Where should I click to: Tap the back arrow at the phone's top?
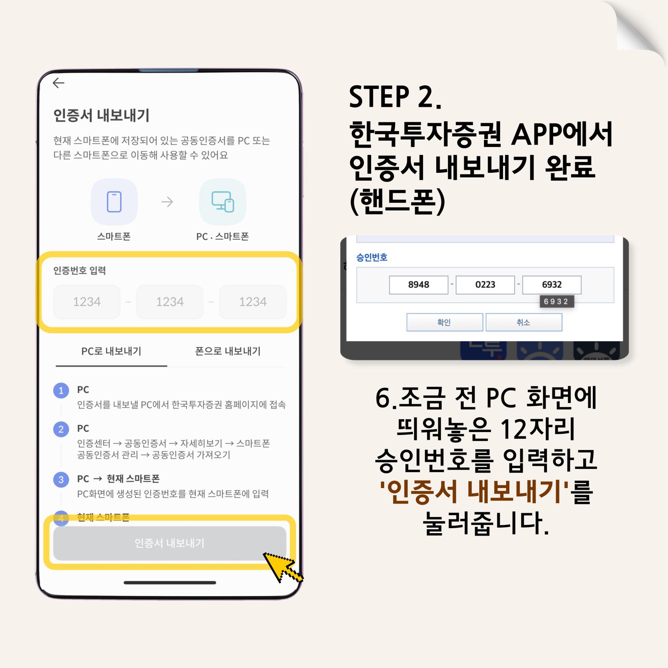click(58, 83)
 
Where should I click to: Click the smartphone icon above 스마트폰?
click(114, 202)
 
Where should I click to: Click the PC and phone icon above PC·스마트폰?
click(223, 202)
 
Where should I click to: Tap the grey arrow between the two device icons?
click(167, 202)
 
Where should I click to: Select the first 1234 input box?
click(87, 302)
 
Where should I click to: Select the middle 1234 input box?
click(170, 302)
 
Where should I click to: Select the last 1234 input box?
click(253, 302)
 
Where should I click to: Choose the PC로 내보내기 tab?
click(111, 351)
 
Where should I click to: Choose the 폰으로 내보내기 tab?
click(228, 351)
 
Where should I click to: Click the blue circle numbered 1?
click(61, 390)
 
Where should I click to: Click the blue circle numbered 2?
click(61, 429)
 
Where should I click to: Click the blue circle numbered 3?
click(61, 479)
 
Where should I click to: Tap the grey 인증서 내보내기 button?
click(170, 543)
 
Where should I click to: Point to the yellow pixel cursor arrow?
click(282, 567)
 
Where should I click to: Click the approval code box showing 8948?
click(419, 285)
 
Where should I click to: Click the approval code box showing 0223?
click(485, 285)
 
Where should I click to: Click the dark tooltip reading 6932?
click(556, 301)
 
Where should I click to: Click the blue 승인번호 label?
click(372, 257)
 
